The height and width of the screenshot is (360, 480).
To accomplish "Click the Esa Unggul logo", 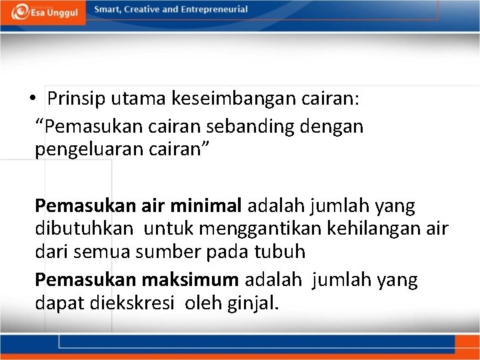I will [x=43, y=12].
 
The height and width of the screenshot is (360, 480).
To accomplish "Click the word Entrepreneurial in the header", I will [x=213, y=10].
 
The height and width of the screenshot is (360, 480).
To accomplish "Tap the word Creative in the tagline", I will [x=143, y=10].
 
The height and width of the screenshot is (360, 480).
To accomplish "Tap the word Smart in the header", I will [x=107, y=10].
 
